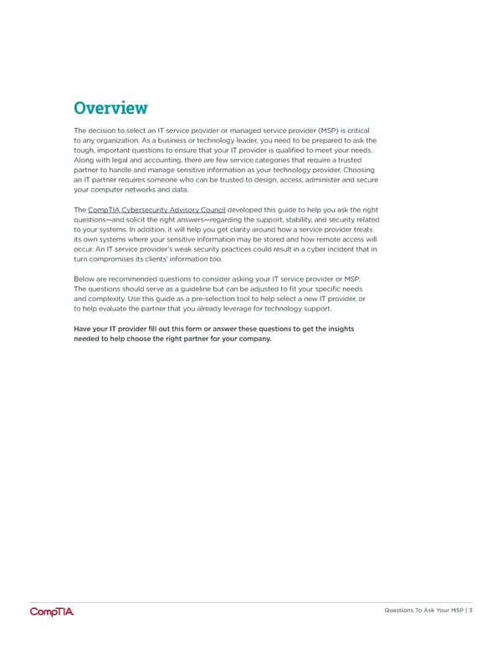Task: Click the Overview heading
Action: tap(110, 108)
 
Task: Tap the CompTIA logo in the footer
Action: tap(52, 611)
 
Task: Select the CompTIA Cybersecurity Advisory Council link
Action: tap(156, 207)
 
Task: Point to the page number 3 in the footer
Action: tap(471, 610)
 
